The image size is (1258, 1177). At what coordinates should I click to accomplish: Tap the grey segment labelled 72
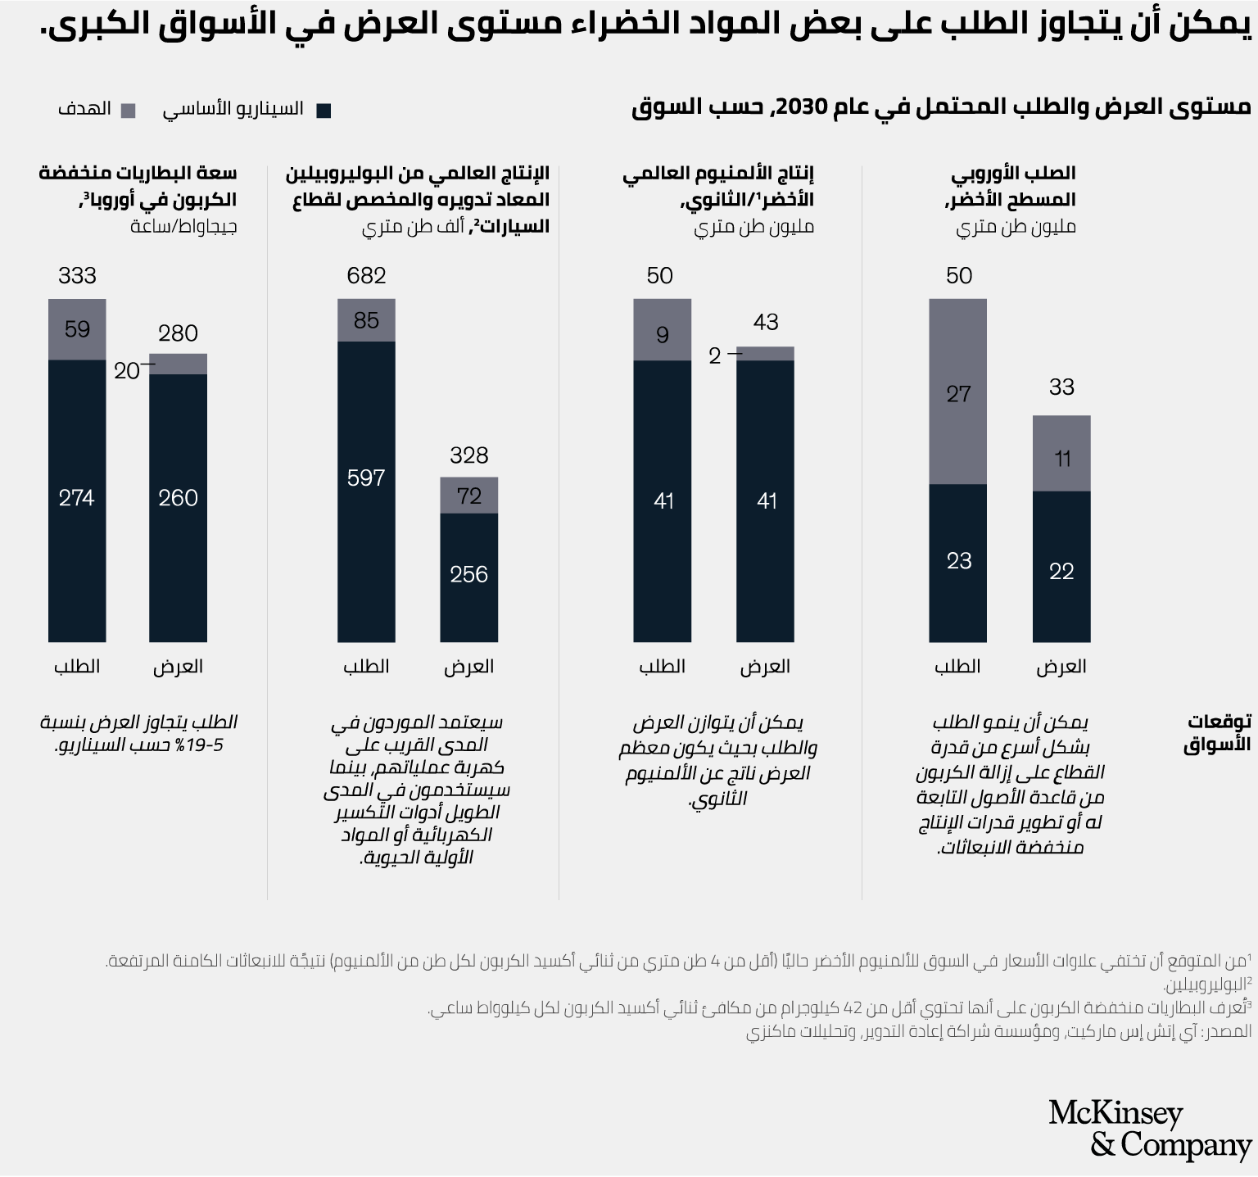pyautogui.click(x=468, y=495)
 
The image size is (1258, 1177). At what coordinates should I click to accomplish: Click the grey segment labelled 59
pyautogui.click(x=77, y=329)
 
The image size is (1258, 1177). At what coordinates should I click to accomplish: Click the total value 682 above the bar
pyautogui.click(x=366, y=276)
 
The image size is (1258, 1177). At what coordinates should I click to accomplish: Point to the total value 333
pyautogui.click(x=77, y=276)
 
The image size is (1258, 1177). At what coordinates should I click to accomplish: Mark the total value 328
pyautogui.click(x=468, y=455)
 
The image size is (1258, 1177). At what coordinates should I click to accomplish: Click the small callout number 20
pyautogui.click(x=127, y=371)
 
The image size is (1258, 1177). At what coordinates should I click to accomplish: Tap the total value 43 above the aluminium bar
pyautogui.click(x=766, y=323)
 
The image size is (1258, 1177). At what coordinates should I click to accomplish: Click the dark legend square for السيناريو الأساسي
pyautogui.click(x=324, y=111)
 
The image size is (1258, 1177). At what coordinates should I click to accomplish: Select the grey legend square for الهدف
pyautogui.click(x=128, y=111)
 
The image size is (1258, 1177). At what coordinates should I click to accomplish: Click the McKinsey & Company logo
pyautogui.click(x=1150, y=1129)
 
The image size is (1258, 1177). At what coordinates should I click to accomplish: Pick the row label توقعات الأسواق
pyautogui.click(x=1218, y=733)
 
